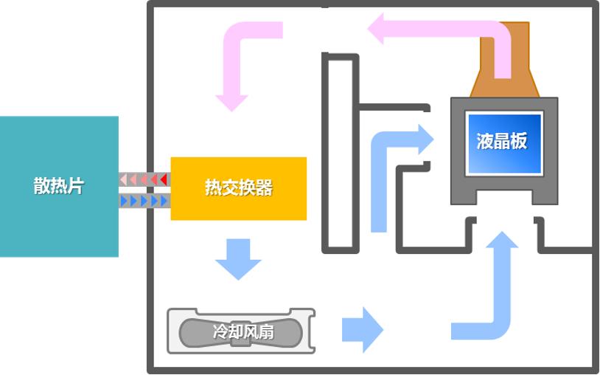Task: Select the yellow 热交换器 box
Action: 238,207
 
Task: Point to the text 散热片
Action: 58,186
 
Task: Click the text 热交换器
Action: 238,187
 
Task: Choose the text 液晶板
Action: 502,142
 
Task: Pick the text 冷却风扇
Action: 243,331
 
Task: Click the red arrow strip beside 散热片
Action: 144,179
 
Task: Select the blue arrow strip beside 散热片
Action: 144,201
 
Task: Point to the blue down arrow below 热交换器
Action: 238,259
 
